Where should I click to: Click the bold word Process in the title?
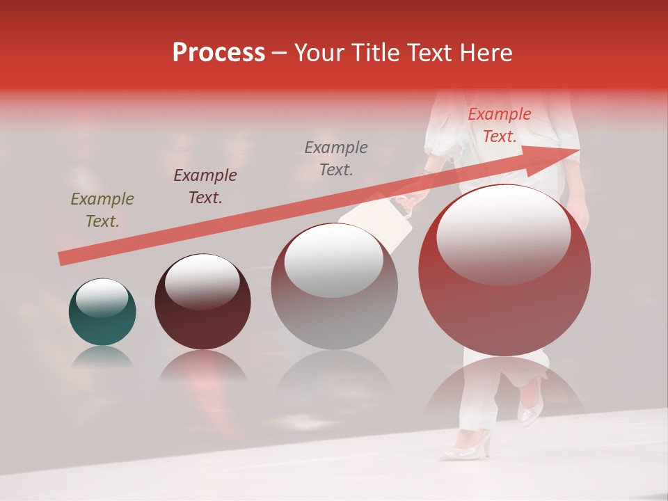pyautogui.click(x=218, y=53)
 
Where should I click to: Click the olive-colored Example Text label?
pyautogui.click(x=102, y=209)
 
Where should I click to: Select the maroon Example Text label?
pyautogui.click(x=205, y=186)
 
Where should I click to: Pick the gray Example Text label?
pyautogui.click(x=336, y=158)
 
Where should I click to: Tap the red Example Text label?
pyautogui.click(x=499, y=125)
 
